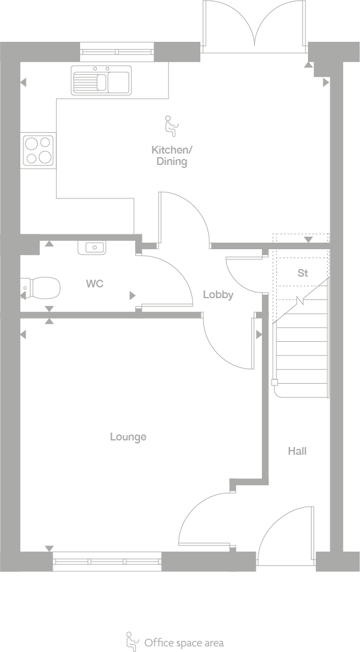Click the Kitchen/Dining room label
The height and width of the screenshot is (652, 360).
(x=172, y=155)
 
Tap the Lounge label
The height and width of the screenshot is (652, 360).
(x=128, y=437)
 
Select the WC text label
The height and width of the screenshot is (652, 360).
(x=94, y=283)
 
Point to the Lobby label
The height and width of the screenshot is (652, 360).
(x=218, y=295)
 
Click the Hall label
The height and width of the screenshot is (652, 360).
(x=297, y=451)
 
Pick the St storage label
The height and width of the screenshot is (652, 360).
(x=303, y=273)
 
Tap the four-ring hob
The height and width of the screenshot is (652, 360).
(x=38, y=150)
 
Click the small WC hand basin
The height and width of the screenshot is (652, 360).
(x=92, y=247)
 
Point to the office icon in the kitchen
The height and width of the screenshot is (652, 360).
(x=171, y=124)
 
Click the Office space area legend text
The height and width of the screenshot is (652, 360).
(x=184, y=643)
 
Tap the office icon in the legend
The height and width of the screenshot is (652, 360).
(x=131, y=641)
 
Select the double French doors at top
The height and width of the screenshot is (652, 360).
(x=255, y=27)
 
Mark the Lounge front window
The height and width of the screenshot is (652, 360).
(x=107, y=562)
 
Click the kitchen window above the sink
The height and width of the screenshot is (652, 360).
(x=117, y=52)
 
